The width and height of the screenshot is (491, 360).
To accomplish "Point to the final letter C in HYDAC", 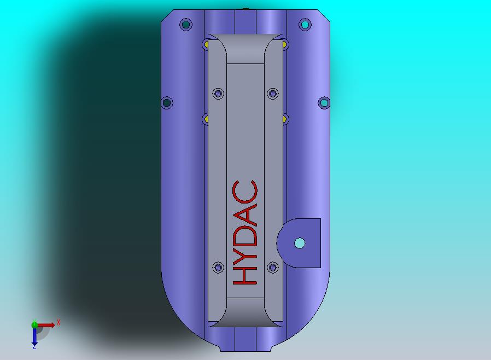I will click(245, 191).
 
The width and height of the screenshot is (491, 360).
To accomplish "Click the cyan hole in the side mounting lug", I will click(300, 243).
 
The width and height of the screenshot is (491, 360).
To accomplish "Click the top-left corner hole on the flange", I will click(186, 24).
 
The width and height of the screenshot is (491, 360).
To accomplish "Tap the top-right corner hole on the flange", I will click(305, 25).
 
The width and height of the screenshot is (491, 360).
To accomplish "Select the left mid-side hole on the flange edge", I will click(167, 103).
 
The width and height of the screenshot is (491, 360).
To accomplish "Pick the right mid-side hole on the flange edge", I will click(324, 102).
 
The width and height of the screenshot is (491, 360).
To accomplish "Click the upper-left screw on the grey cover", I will click(218, 94).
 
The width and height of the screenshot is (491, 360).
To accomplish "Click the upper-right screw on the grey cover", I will click(272, 94).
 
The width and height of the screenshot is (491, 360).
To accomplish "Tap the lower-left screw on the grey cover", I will click(218, 268).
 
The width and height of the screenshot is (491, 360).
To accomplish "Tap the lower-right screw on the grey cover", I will click(272, 268).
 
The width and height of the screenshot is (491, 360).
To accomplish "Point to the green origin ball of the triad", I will click(34, 324).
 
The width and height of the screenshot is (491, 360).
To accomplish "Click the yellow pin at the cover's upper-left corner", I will click(206, 44).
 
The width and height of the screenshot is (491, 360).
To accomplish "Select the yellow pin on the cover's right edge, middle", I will click(285, 118).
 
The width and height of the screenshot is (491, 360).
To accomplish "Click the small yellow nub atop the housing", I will click(245, 9).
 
